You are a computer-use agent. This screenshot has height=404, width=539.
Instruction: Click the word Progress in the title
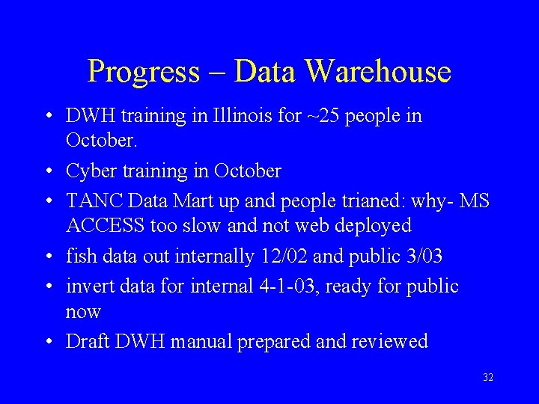coord(143,73)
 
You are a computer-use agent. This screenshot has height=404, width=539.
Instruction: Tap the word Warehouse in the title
coord(378,72)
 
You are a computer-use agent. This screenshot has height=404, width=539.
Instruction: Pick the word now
coord(83,311)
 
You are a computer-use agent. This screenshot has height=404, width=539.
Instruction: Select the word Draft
coord(86,342)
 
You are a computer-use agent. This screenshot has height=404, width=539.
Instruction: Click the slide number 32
coord(488,378)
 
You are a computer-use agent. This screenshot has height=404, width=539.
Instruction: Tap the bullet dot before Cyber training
coord(47,172)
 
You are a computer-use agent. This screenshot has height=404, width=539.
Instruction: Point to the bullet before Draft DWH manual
coord(47,343)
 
